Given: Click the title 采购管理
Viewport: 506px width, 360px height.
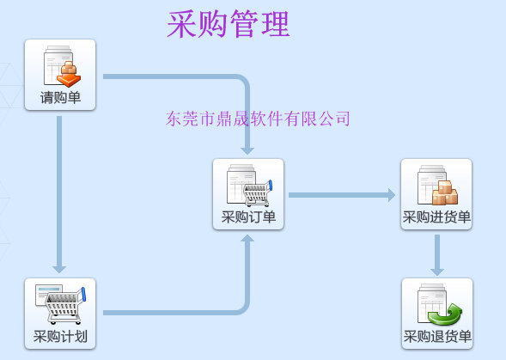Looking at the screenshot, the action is point(229,24).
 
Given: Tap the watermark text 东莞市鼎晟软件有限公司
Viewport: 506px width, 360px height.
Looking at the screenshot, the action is point(258,119).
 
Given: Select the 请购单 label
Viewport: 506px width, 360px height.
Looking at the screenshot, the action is point(60,97).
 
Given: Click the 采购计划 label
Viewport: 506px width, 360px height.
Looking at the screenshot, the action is point(60,337).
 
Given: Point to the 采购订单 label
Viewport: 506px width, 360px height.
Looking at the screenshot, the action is point(248,217).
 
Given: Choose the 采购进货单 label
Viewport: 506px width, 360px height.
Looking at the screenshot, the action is point(436,217).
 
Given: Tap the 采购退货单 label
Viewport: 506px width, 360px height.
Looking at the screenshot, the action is point(437,337).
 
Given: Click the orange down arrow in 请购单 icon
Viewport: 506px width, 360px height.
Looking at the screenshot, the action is point(69,79).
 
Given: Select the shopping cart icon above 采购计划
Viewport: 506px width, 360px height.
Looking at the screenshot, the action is point(65,306).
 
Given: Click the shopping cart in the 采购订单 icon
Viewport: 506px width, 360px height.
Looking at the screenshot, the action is point(258,193).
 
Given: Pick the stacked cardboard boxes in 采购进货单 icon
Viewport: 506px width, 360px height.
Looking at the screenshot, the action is point(445,192).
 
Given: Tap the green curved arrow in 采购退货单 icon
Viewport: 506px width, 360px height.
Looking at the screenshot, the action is point(445,314).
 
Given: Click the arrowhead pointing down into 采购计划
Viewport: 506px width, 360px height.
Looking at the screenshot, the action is point(59,269).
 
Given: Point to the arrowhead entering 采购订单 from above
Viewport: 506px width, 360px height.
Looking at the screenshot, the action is point(247,150).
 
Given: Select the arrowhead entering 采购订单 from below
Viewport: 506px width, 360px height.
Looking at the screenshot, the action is point(247,239).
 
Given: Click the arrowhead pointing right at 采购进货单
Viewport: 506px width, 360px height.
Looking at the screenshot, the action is point(392,195).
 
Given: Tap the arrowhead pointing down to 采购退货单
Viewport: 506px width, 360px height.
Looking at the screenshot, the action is point(437,272).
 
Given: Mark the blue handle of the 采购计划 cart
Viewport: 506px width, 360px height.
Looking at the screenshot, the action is point(83,294).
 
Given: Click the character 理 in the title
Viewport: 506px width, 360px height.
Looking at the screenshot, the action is point(276,24).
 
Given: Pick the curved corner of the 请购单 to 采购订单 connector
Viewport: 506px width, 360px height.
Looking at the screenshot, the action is point(244,80).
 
